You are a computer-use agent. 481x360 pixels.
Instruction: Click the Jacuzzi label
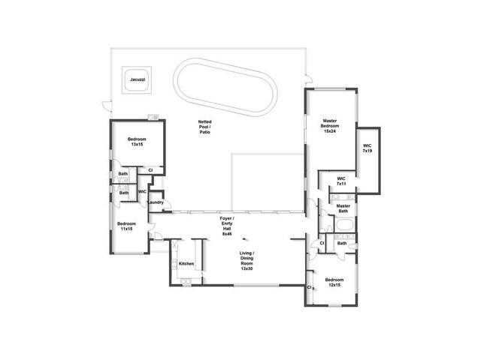click(138, 79)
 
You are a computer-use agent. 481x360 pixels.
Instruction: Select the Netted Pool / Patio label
click(204, 127)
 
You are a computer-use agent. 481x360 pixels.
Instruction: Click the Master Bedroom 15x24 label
click(330, 126)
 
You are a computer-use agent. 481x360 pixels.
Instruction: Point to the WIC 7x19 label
click(368, 148)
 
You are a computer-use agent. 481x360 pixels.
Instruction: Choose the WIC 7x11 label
click(341, 181)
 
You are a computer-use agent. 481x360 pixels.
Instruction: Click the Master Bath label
click(343, 208)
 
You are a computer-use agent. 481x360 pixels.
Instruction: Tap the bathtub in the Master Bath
click(345, 225)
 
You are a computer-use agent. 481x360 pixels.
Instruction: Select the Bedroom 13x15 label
click(137, 142)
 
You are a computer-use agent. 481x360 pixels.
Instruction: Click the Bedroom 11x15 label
click(126, 226)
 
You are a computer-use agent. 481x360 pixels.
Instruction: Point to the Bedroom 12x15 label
click(334, 282)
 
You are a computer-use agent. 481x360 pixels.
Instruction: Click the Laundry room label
click(156, 202)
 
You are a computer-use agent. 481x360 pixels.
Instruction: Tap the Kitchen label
click(186, 263)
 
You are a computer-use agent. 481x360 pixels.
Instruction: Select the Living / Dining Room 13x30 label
click(247, 261)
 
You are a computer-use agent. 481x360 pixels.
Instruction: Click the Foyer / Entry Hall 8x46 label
click(227, 226)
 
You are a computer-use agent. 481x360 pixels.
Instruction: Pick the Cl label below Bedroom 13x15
click(150, 170)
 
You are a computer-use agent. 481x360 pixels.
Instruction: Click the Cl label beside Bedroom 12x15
click(309, 287)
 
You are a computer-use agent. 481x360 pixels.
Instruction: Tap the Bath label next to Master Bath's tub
click(342, 243)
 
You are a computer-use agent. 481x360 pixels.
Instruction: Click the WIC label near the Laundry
click(142, 192)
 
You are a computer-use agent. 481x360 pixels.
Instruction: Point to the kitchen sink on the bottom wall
click(186, 282)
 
